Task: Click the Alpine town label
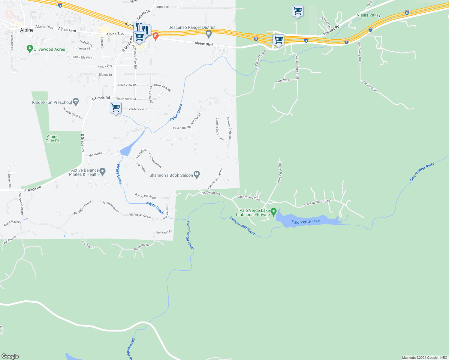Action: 27,30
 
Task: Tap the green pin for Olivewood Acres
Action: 30,49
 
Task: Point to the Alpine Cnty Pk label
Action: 53,139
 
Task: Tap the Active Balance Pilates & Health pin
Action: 103,172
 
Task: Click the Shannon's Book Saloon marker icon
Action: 197,174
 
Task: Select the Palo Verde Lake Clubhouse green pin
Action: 273,212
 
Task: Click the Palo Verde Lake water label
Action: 306,221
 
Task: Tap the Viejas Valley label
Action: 369,15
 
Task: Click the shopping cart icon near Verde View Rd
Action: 116,107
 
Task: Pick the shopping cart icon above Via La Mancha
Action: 278,40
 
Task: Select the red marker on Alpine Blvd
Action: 155,37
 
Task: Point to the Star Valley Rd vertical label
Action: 360,51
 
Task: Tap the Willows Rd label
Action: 331,29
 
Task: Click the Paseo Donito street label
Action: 182,128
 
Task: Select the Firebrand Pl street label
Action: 164,232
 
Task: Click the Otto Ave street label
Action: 163,7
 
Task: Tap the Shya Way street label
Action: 282,80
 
